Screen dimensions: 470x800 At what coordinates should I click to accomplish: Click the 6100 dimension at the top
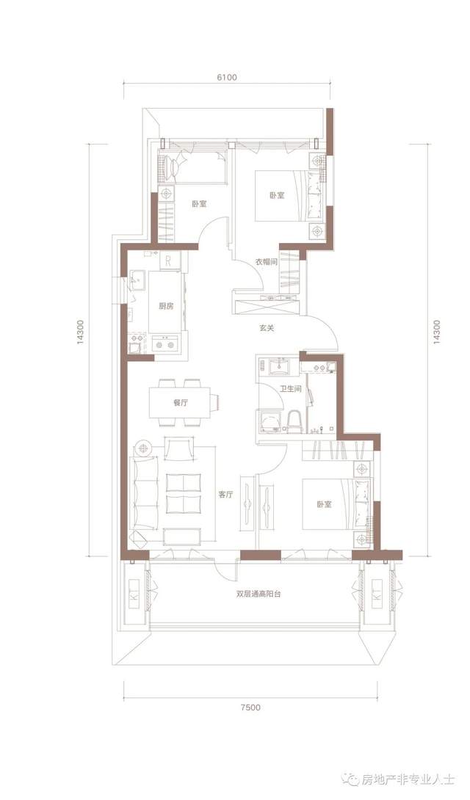pos(227,78)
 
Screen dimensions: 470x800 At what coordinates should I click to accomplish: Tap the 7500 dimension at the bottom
pos(250,707)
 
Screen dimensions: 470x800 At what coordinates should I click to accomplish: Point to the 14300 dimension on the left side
pos(81,333)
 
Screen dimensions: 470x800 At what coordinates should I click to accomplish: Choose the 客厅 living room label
pos(225,495)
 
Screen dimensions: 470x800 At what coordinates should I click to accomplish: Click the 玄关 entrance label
pos(267,329)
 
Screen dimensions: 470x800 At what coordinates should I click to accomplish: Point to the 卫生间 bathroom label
pos(290,389)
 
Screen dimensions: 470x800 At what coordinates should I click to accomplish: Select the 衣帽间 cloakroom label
pos(266,262)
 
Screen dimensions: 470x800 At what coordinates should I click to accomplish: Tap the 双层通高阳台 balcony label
pos(259,594)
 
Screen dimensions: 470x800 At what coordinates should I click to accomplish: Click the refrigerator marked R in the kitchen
pos(168,261)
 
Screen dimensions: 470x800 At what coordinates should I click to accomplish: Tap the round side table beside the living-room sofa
pos(145,448)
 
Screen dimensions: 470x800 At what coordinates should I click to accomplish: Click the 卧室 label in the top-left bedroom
pos(199,204)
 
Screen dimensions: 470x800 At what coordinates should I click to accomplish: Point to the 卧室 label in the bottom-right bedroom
pos(324,504)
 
